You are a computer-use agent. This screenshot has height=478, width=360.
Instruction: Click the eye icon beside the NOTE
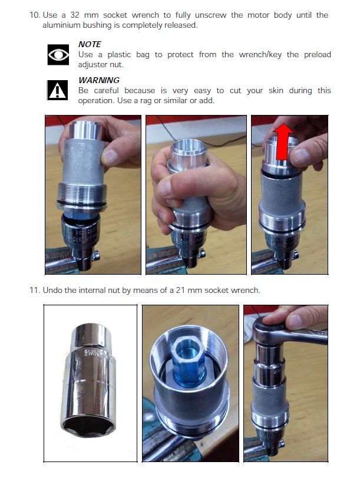[x=58, y=55]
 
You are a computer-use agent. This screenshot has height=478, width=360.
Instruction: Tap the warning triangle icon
[x=57, y=90]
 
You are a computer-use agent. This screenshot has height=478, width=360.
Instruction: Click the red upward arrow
[x=283, y=141]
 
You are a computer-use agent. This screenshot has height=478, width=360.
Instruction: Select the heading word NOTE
[x=90, y=44]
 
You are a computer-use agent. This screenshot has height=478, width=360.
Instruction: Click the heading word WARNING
[x=99, y=80]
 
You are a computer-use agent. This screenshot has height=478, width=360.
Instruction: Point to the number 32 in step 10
[x=75, y=15]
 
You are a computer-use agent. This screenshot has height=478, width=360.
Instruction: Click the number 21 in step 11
[x=180, y=290]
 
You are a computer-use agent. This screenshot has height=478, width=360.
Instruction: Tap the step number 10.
[x=35, y=15]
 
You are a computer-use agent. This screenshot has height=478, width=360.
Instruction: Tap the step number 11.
[x=35, y=290]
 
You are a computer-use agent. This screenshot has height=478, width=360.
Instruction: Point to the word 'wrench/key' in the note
[x=260, y=55]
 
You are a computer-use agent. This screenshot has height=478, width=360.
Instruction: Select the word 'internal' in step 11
[x=92, y=290]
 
